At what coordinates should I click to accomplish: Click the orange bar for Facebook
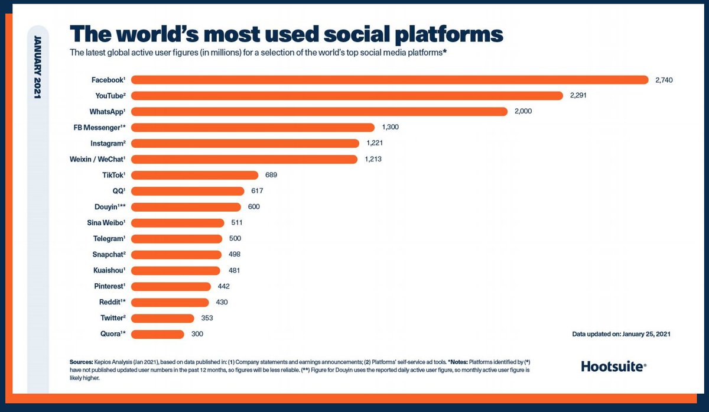(x=390, y=79)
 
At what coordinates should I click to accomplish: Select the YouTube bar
(x=347, y=95)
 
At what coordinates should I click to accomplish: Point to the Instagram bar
(x=245, y=143)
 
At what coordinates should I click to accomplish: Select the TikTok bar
(x=194, y=175)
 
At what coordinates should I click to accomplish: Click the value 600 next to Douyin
(x=253, y=207)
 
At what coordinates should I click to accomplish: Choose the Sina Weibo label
(x=106, y=223)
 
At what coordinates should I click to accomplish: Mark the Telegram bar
(x=177, y=239)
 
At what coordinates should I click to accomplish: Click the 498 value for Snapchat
(x=234, y=254)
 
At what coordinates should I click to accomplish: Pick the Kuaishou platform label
(x=109, y=270)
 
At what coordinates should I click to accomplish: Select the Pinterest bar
(x=171, y=286)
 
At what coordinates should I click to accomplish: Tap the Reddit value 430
(x=221, y=302)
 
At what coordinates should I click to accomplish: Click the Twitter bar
(x=162, y=318)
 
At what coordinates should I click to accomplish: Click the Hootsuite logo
(x=613, y=366)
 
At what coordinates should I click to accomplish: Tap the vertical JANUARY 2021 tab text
(x=37, y=67)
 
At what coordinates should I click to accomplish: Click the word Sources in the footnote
(x=80, y=361)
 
